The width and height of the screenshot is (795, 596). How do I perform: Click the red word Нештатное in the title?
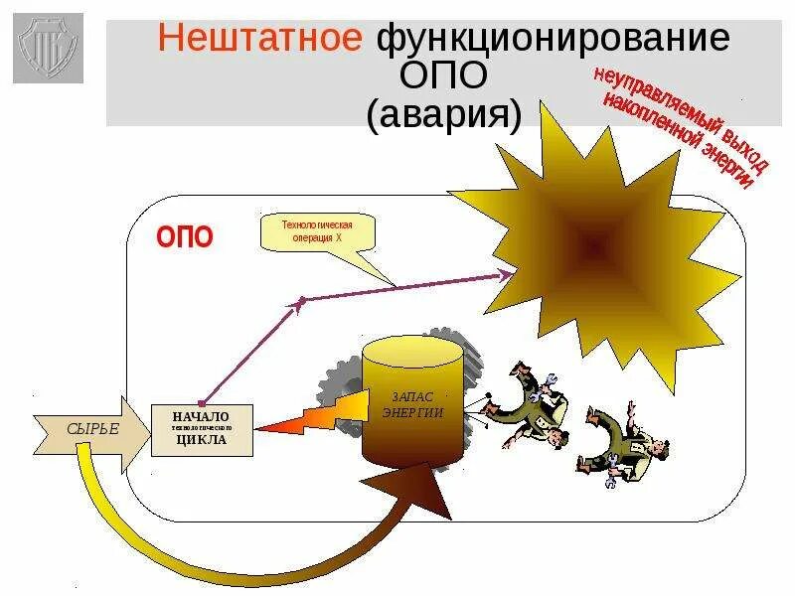261,40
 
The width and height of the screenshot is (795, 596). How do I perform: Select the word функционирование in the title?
552,40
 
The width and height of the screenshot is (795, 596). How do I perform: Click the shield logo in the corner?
48,48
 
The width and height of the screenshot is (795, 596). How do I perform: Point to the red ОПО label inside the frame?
185,238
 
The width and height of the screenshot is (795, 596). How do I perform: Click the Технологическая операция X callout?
319,231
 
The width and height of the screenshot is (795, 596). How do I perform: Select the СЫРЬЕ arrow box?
91,429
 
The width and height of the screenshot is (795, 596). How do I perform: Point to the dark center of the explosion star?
594,241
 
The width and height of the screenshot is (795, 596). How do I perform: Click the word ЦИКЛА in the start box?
202,439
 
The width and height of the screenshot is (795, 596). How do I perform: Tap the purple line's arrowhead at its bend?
297,301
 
